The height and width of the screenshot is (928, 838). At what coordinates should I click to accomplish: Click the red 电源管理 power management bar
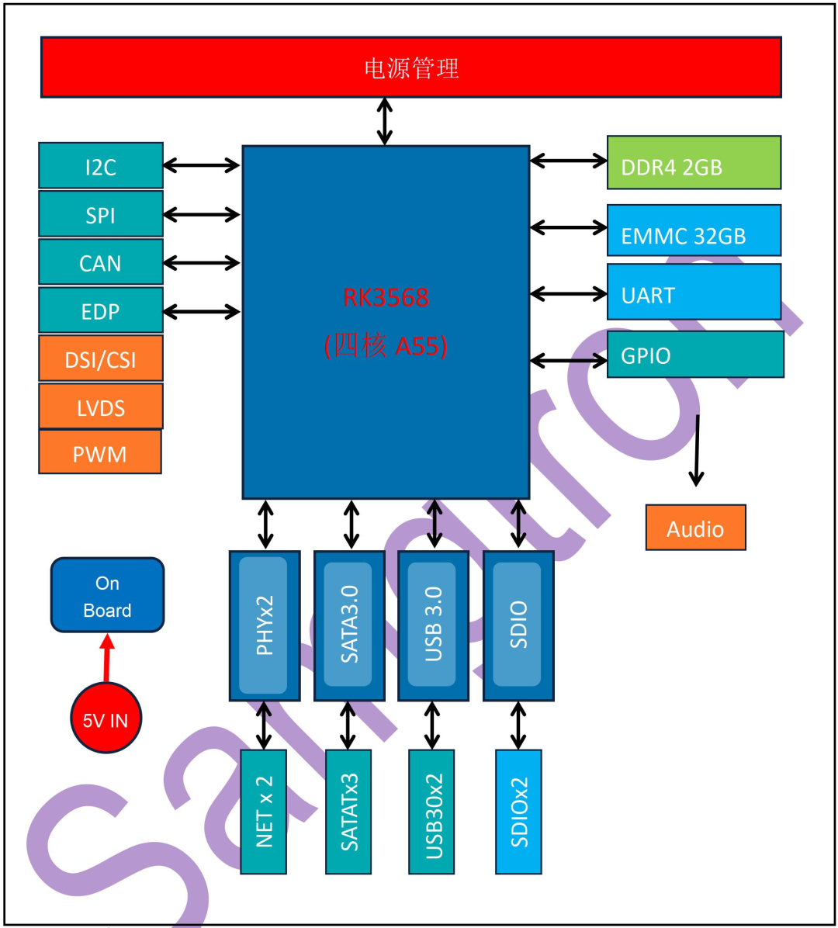(x=410, y=68)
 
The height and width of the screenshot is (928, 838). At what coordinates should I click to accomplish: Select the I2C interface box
(x=101, y=166)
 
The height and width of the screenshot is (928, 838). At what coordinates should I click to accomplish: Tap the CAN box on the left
(x=101, y=262)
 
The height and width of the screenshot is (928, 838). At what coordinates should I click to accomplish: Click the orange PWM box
(x=100, y=452)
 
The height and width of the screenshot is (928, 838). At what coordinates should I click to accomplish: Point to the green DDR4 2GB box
(x=694, y=163)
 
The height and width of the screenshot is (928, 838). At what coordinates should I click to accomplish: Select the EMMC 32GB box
(x=694, y=231)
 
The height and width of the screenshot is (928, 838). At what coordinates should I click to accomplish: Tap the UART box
(x=694, y=293)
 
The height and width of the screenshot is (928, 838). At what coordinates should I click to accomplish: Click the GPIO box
(x=694, y=355)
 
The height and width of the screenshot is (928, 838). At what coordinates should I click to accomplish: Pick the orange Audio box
(x=695, y=528)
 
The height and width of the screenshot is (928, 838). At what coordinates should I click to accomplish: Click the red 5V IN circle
(x=106, y=719)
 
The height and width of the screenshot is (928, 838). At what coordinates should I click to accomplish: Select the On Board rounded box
(x=107, y=596)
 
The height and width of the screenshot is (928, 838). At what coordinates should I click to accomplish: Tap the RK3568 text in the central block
(x=386, y=297)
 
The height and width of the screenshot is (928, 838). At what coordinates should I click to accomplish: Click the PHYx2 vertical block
(x=265, y=625)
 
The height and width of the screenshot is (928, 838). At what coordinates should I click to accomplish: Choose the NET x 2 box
(x=264, y=812)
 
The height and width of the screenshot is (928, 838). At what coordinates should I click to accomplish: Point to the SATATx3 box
(x=348, y=812)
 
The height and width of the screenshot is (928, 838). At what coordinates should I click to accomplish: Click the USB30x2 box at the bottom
(x=432, y=812)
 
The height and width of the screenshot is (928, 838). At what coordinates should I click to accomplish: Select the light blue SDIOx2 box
(x=518, y=812)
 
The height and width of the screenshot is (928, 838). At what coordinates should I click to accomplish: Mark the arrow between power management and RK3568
(x=384, y=121)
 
